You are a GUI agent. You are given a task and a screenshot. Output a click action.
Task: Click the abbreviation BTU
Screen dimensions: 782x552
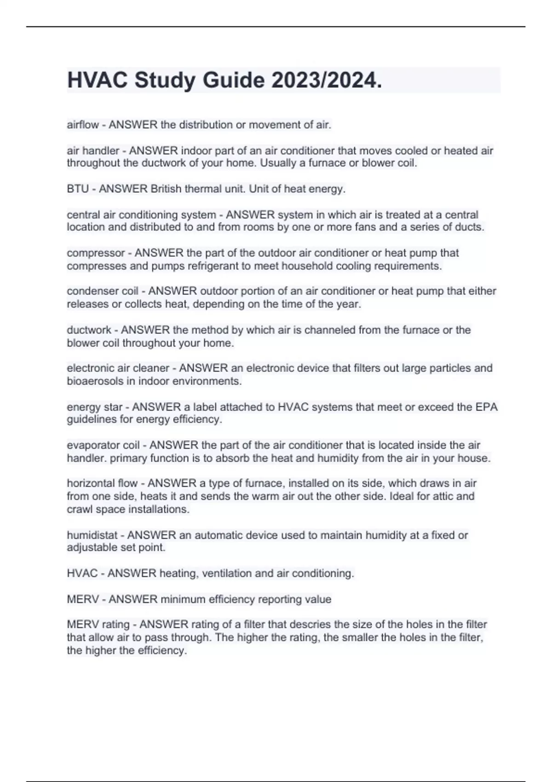[78, 189]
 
